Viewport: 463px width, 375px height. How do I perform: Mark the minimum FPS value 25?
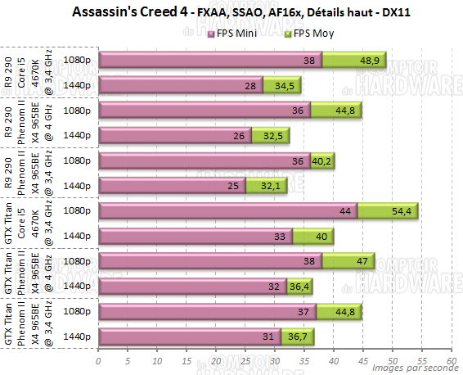(x=234, y=186)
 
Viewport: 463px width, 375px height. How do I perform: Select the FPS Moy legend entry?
(x=308, y=34)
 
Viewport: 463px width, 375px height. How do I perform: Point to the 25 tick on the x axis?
(x=245, y=359)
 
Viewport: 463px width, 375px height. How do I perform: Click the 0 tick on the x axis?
(x=98, y=359)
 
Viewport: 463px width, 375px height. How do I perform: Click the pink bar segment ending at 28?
(x=180, y=85)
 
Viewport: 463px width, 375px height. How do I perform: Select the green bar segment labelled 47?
(x=348, y=261)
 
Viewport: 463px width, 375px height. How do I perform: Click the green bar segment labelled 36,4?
(x=299, y=286)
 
